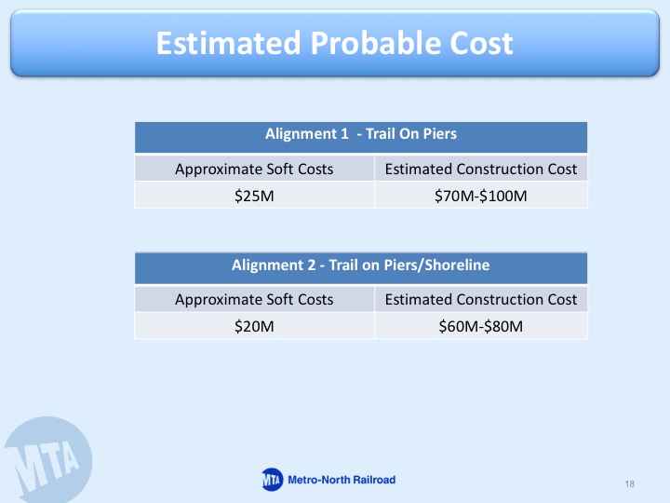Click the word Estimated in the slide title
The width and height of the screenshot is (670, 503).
pyautogui.click(x=229, y=43)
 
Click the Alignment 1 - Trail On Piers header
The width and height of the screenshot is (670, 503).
pyautogui.click(x=361, y=134)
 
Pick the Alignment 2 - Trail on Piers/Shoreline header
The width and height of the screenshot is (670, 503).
pyautogui.click(x=361, y=265)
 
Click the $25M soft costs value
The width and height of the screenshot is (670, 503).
pyautogui.click(x=254, y=196)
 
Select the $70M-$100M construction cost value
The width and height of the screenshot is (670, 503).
pyautogui.click(x=481, y=196)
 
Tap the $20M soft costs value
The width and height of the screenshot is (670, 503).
pyautogui.click(x=254, y=326)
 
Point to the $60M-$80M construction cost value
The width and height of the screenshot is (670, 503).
pyautogui.click(x=481, y=326)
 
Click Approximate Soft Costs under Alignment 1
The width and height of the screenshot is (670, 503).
pyautogui.click(x=254, y=170)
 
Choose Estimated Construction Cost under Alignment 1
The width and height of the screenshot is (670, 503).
pyautogui.click(x=481, y=169)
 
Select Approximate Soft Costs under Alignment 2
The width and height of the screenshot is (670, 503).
pyautogui.click(x=254, y=300)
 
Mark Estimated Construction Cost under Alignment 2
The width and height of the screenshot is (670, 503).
pyautogui.click(x=481, y=299)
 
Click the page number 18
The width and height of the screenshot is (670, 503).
pyautogui.click(x=629, y=483)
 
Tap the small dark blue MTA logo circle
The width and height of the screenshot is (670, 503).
pyautogui.click(x=272, y=480)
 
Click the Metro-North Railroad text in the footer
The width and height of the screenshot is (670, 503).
pyautogui.click(x=342, y=480)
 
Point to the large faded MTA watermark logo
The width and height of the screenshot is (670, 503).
pyautogui.click(x=47, y=460)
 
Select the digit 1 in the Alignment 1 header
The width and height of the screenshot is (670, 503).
pyautogui.click(x=344, y=134)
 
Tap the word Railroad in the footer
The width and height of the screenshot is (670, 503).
pyautogui.click(x=374, y=480)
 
